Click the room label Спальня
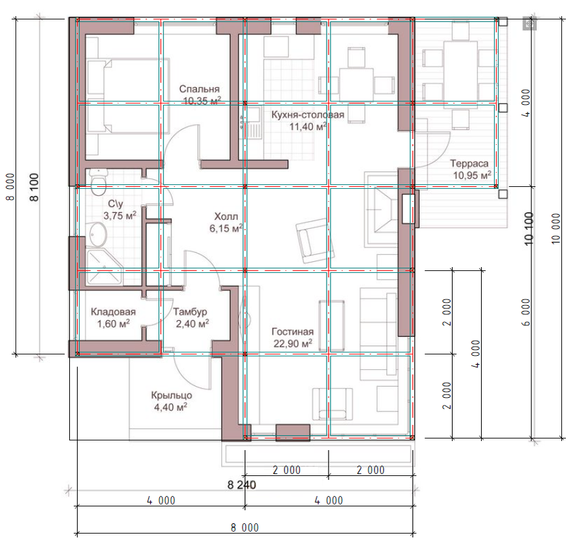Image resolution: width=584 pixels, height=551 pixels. pyautogui.click(x=199, y=89)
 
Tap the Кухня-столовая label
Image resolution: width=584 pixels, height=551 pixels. pyautogui.click(x=308, y=114)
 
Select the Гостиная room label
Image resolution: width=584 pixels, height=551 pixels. pyautogui.click(x=292, y=332)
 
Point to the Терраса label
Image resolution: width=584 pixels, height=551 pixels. pyautogui.click(x=469, y=164)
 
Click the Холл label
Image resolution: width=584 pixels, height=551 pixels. pyautogui.click(x=226, y=217)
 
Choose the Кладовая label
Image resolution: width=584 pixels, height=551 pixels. pyautogui.click(x=113, y=312)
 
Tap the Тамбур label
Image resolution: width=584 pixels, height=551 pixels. pyautogui.click(x=190, y=312)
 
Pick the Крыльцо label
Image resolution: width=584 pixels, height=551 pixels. pyautogui.click(x=171, y=395)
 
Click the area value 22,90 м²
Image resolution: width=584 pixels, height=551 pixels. pyautogui.click(x=293, y=343)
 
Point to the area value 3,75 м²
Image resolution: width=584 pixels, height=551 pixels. pyautogui.click(x=120, y=215)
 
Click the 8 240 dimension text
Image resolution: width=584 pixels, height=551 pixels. pyautogui.click(x=242, y=484)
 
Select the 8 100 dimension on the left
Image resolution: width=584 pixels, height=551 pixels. pyautogui.click(x=34, y=188)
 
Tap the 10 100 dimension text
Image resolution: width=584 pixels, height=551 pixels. pyautogui.click(x=529, y=228)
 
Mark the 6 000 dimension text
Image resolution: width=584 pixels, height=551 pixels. pyautogui.click(x=526, y=312)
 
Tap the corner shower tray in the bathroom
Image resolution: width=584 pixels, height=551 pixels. pyautogui.click(x=104, y=268)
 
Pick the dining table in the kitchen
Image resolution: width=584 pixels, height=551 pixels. pyautogui.click(x=356, y=85)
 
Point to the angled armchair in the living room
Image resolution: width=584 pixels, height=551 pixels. pyautogui.click(x=315, y=239)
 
